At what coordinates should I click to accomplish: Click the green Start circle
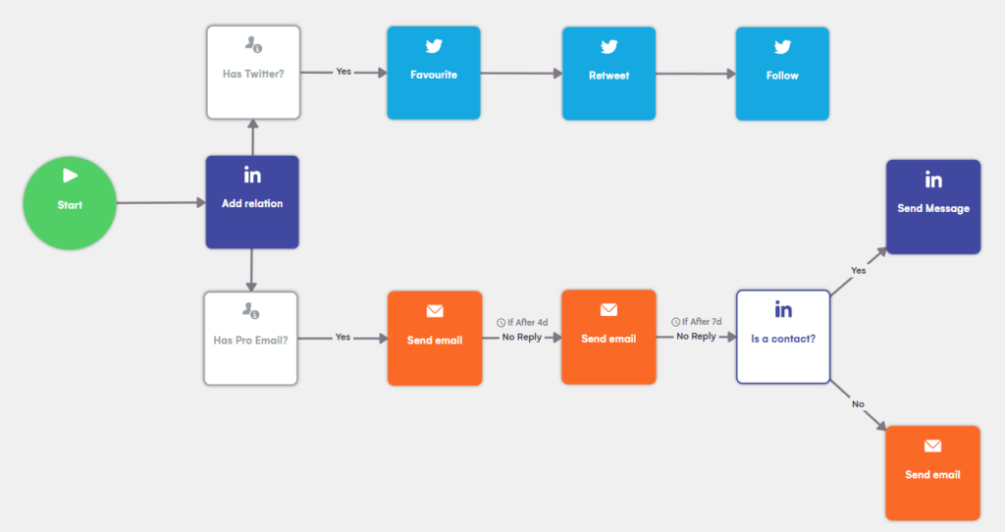(70, 204)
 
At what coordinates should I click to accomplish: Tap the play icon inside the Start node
(70, 176)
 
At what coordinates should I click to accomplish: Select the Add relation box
(252, 201)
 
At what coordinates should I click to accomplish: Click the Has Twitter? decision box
(252, 73)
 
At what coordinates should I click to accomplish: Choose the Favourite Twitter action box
(433, 73)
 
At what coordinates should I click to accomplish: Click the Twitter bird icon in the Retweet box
(608, 46)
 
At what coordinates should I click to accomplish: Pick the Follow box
(782, 73)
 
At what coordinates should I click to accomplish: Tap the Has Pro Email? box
(250, 338)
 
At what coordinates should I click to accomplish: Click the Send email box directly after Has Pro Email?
(435, 338)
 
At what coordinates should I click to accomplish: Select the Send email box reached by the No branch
(932, 472)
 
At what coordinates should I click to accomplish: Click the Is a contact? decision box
(783, 336)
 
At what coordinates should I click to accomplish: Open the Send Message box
(932, 206)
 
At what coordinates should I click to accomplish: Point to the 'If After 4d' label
(522, 322)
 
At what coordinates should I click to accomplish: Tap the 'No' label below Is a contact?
(858, 403)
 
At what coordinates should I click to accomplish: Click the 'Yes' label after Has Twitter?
(344, 73)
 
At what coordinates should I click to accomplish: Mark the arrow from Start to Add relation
(160, 204)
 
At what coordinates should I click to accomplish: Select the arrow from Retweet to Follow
(696, 73)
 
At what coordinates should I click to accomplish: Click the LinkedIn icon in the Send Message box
(933, 180)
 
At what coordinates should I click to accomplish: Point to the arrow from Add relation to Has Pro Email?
(252, 269)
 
